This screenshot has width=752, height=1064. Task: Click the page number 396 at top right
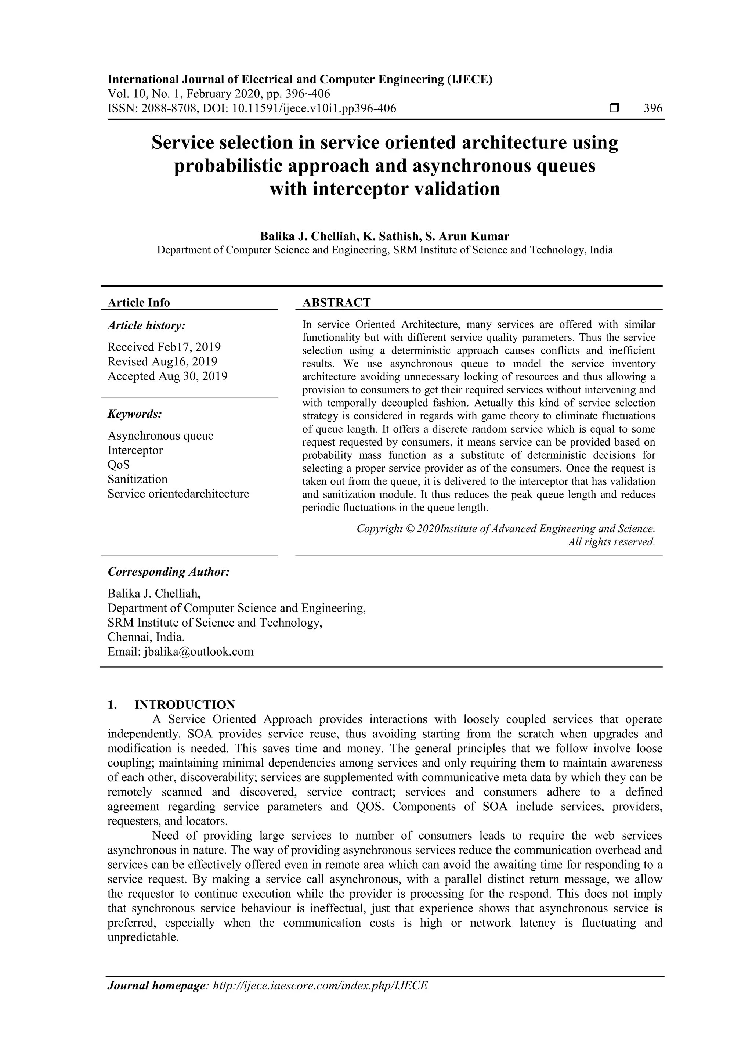(x=653, y=108)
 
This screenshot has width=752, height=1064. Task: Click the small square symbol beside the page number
(x=614, y=108)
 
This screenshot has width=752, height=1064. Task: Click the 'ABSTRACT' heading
(x=336, y=303)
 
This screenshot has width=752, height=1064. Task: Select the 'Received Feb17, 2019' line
(x=164, y=347)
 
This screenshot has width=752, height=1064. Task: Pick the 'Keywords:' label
(x=134, y=414)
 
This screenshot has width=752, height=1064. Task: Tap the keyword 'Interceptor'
(x=135, y=450)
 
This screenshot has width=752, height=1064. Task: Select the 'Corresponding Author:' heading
(x=169, y=571)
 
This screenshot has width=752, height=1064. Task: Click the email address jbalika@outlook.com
(x=199, y=652)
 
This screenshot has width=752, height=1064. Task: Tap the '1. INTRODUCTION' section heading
(x=171, y=705)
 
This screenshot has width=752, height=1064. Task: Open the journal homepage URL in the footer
(x=320, y=985)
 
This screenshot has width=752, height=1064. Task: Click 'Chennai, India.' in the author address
(x=146, y=637)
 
